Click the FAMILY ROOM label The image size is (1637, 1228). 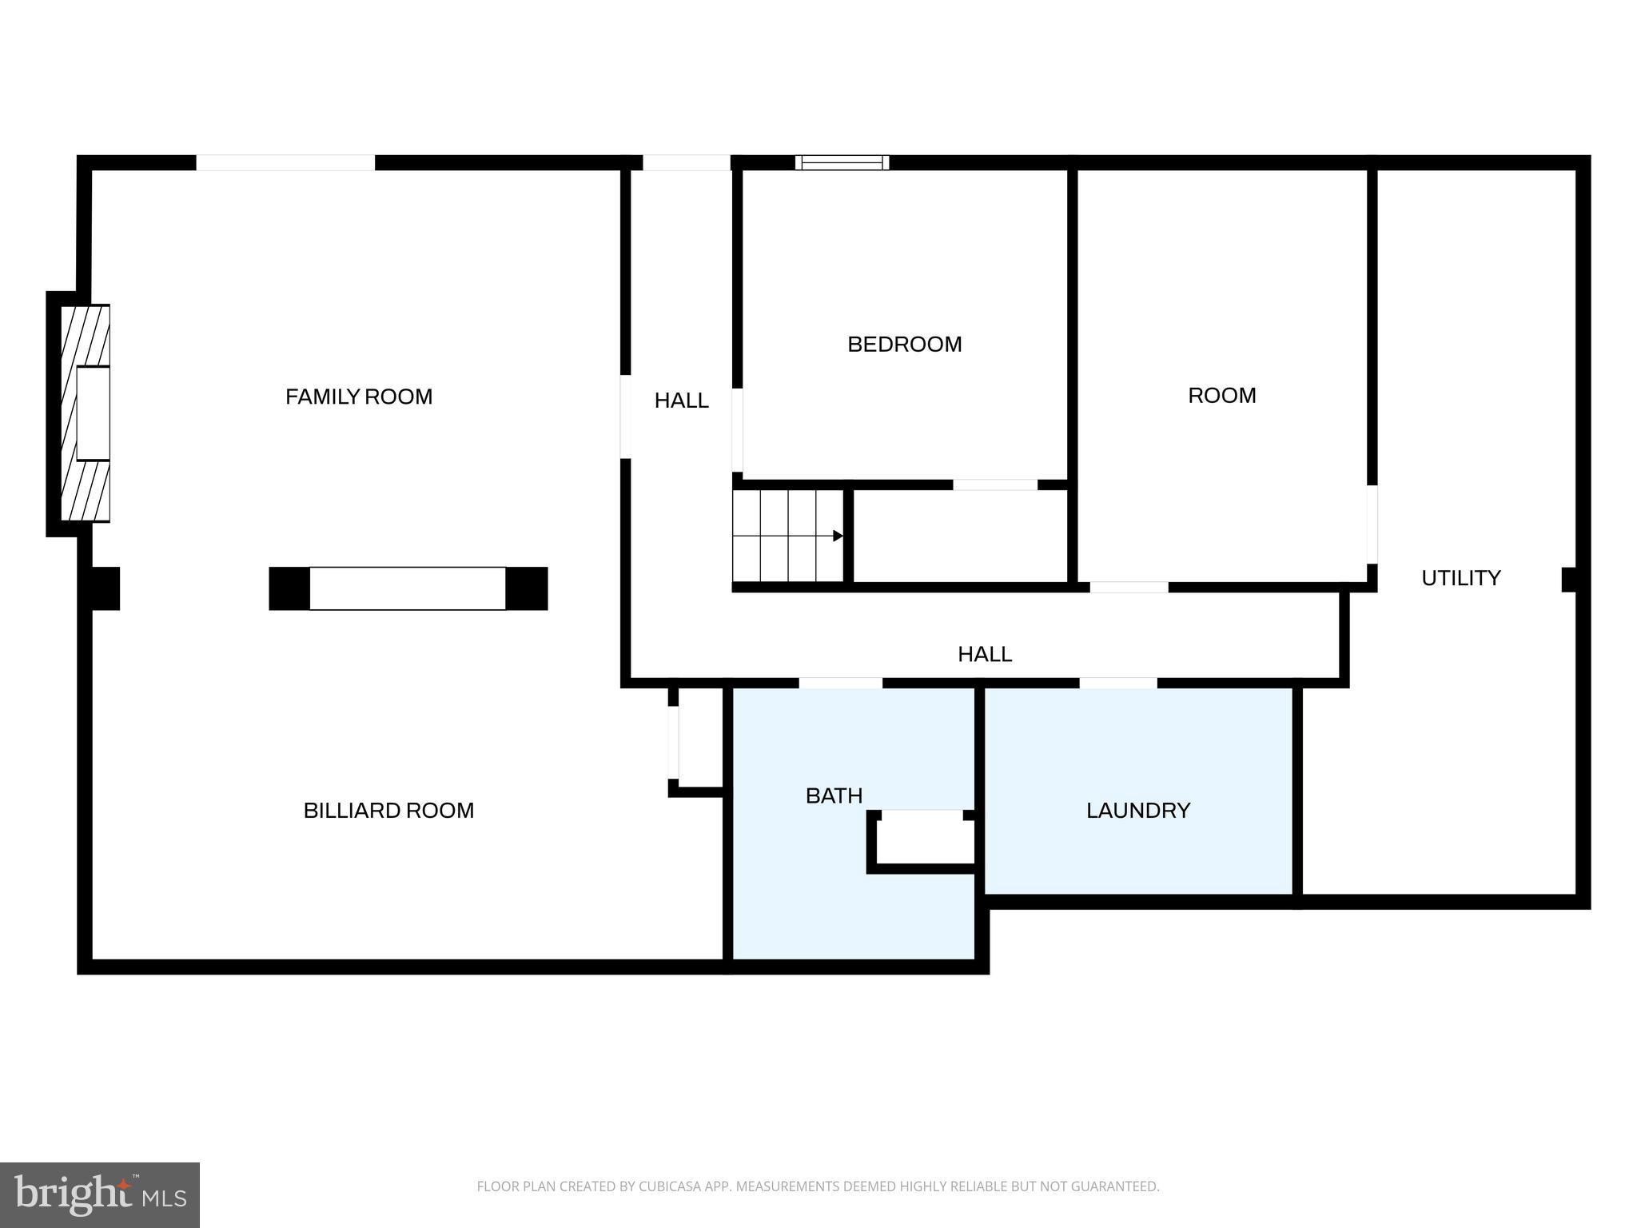click(359, 397)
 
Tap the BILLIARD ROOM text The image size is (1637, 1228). click(388, 811)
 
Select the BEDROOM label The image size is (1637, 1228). click(904, 345)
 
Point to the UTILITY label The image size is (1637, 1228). click(1460, 578)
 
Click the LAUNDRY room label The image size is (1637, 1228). click(1137, 811)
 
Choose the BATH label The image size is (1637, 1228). click(834, 795)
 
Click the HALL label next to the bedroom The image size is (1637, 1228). click(681, 401)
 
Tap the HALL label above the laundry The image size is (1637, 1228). click(985, 654)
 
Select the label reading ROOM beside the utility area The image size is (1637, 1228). click(1221, 396)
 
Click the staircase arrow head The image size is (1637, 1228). click(838, 536)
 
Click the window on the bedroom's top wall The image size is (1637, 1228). click(842, 162)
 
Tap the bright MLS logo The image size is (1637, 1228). click(99, 1194)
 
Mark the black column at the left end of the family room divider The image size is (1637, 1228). click(289, 588)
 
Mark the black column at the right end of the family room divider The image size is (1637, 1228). click(527, 588)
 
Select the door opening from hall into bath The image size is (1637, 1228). click(840, 683)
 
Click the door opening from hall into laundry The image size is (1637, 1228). click(1117, 683)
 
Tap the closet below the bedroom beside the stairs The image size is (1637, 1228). click(960, 536)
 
